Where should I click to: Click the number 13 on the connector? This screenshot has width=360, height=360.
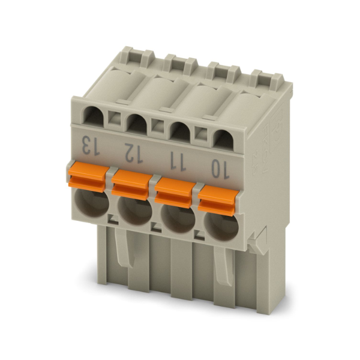91,146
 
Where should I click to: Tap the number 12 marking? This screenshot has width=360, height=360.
134,154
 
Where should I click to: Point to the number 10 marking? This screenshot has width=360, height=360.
220,169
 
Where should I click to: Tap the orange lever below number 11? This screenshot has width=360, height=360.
174,193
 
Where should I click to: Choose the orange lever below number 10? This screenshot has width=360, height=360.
217,200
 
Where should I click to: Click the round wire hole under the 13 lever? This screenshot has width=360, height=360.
92,204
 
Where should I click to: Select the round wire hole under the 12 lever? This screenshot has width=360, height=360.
134,211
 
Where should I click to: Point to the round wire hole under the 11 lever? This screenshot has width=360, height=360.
178,219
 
